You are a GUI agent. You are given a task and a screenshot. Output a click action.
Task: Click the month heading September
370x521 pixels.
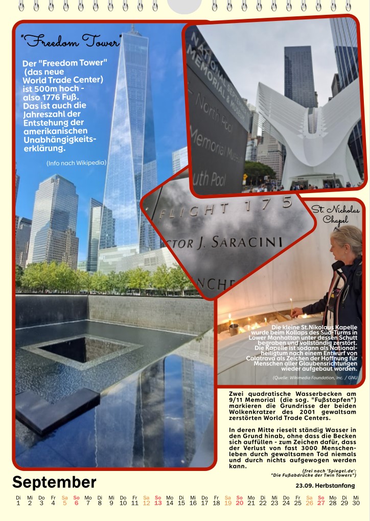(x=54, y=482)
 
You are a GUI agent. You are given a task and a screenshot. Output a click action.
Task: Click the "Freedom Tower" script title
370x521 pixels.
(x=71, y=41)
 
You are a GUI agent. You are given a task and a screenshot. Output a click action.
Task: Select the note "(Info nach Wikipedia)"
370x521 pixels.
(x=76, y=163)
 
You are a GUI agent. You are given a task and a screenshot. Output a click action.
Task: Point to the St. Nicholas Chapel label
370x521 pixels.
(x=335, y=215)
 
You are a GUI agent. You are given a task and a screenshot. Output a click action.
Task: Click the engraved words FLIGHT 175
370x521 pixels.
(x=225, y=207)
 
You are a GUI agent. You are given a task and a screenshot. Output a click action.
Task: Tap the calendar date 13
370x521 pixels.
(x=158, y=503)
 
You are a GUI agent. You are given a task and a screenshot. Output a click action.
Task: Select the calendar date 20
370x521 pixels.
(x=240, y=503)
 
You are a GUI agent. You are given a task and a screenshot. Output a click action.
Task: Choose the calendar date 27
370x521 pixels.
(x=321, y=503)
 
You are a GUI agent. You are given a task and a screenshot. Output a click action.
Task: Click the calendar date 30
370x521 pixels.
(x=356, y=503)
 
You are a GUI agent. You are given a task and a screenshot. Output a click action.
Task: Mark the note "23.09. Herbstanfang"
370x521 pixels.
(x=325, y=485)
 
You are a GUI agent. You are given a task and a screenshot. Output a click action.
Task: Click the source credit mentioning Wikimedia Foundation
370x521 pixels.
(x=315, y=377)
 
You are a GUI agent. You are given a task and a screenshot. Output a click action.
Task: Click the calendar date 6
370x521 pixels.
(x=76, y=503)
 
